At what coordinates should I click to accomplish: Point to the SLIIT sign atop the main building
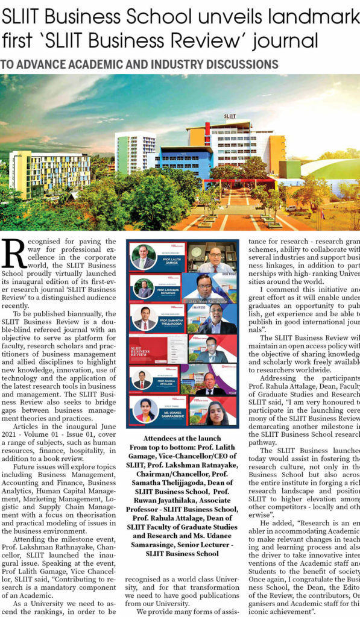230,116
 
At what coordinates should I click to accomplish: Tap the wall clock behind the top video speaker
195,248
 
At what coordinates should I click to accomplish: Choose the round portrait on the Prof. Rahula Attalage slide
142,380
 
